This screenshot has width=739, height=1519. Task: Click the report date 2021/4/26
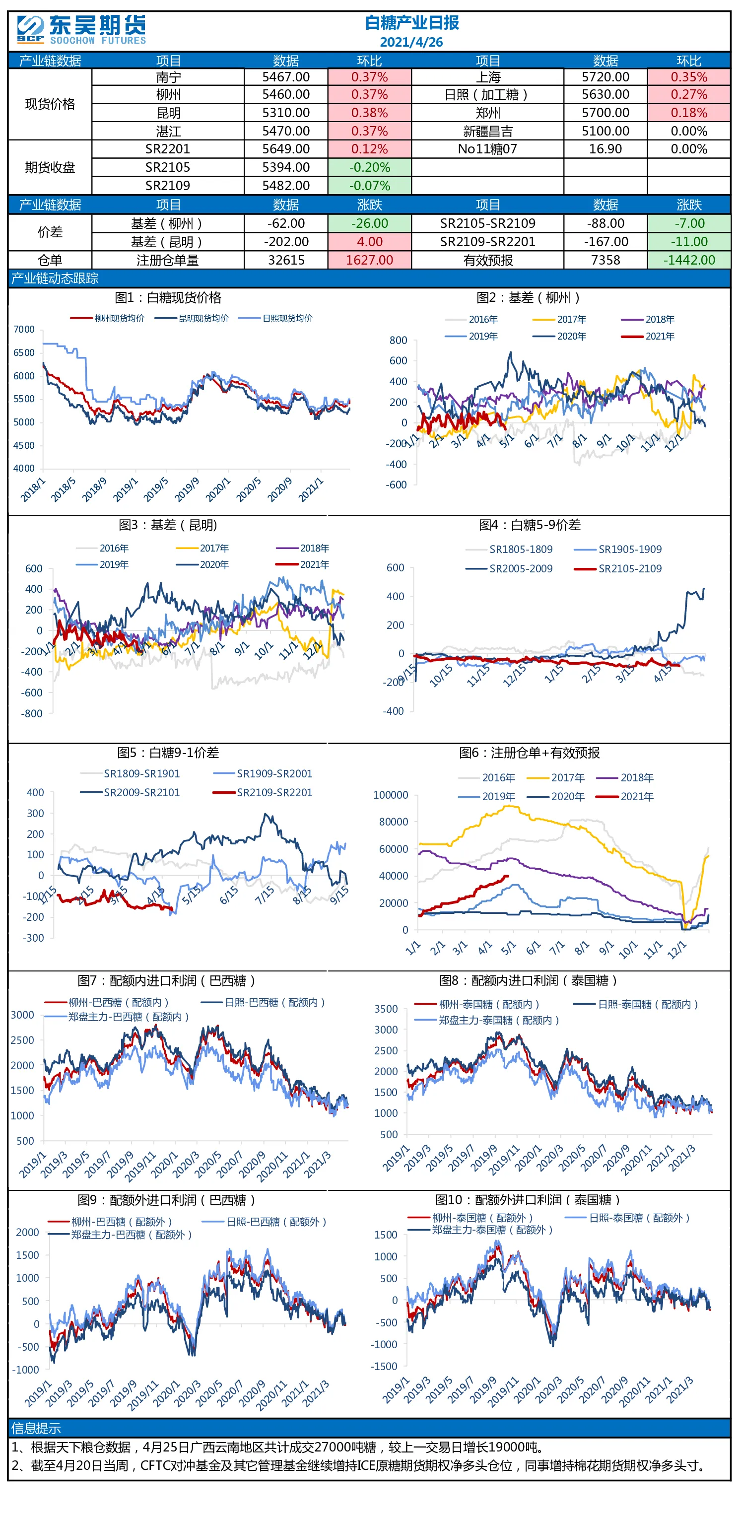coord(411,42)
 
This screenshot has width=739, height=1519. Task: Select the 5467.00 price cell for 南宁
coord(286,76)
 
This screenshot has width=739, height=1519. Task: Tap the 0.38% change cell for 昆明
coord(369,113)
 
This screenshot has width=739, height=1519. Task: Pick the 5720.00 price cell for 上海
coord(605,76)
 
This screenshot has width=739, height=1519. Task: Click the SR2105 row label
coord(168,167)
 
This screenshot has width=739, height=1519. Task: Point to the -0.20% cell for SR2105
coord(369,167)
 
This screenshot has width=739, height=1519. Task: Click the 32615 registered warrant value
coord(286,260)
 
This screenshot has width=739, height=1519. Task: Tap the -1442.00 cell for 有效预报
coord(689,260)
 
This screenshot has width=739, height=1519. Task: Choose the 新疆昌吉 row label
coord(488,131)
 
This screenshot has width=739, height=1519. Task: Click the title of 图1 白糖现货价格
coord(168,298)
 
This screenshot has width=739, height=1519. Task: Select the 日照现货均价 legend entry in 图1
coord(275,318)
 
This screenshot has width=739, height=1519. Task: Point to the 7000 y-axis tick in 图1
coord(24,329)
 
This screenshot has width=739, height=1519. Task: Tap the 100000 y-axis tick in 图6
coord(391,795)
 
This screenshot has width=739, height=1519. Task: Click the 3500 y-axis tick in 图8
coord(386,1009)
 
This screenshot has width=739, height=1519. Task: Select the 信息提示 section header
coord(36,1428)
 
